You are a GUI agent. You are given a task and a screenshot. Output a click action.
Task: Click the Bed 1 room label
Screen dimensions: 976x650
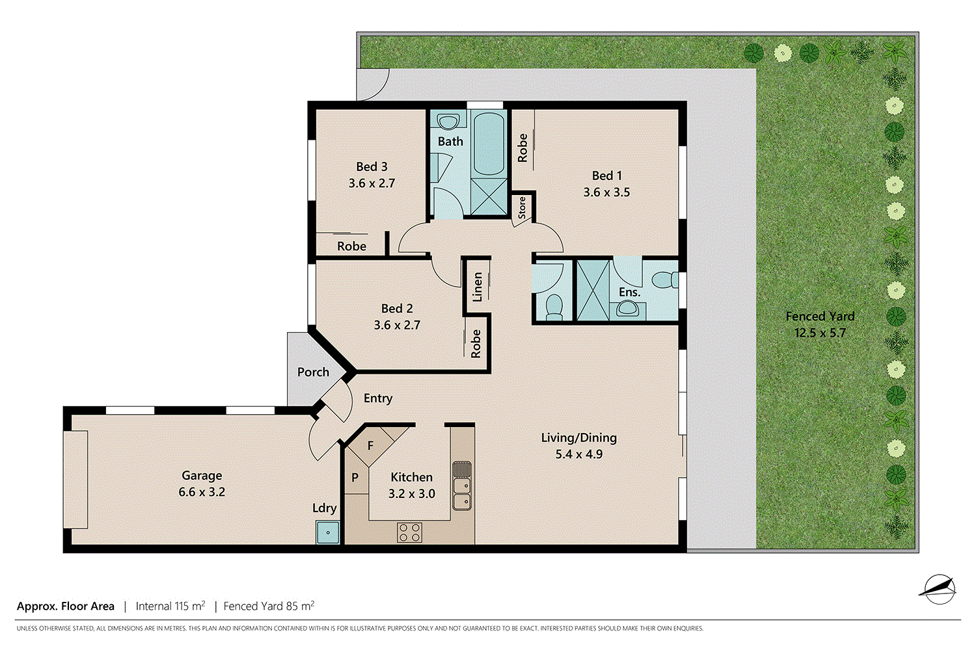tap(606, 175)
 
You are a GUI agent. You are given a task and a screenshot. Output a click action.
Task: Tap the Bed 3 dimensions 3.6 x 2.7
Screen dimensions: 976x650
tap(372, 183)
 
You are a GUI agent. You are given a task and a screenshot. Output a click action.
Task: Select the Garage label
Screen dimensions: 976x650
tap(202, 476)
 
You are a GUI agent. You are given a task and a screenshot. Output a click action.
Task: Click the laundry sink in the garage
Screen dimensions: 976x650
tap(328, 532)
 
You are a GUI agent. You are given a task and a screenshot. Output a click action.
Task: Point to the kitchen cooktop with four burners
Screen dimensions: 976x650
tap(409, 532)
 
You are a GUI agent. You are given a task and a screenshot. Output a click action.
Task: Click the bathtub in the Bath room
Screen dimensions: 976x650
tap(489, 144)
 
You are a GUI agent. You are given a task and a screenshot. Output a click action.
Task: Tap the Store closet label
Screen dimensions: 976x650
tap(522, 207)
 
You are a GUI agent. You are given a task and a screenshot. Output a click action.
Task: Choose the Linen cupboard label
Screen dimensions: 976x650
tap(478, 287)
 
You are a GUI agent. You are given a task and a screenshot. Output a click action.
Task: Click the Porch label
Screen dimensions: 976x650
tap(313, 372)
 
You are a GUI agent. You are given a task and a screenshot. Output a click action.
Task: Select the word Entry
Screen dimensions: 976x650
tap(378, 398)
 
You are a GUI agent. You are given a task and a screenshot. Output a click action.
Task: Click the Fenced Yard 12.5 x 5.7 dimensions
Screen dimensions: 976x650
tap(820, 333)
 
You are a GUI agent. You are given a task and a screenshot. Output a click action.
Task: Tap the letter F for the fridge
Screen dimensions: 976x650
tap(371, 446)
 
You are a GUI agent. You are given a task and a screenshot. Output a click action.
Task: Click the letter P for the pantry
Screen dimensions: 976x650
tap(355, 478)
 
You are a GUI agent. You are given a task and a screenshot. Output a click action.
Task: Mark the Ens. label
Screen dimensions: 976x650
tap(630, 292)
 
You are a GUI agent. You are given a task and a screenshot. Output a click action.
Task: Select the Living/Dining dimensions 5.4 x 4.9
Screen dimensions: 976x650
tap(579, 454)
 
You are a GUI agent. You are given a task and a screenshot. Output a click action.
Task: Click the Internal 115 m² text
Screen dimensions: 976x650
tap(170, 606)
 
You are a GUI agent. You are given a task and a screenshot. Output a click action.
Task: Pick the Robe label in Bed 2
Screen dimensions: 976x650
tap(476, 344)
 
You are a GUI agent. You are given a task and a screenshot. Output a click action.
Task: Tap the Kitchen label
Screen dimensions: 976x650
tap(412, 477)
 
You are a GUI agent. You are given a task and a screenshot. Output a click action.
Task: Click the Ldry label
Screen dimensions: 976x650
tap(325, 508)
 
